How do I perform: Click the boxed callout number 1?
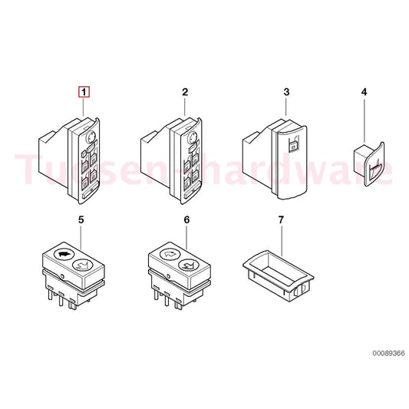tap(84, 92)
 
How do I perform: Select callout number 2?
tap(185, 92)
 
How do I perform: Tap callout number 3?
tap(286, 92)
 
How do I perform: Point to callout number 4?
tap(364, 92)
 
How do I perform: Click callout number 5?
tap(81, 220)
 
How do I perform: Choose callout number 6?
tap(186, 220)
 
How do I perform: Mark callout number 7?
tap(281, 220)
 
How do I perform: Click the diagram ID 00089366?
tap(388, 354)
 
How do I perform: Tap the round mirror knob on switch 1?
tap(90, 137)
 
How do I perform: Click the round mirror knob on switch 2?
tap(193, 137)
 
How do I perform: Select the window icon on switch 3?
tap(293, 143)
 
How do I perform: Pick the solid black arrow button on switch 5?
tap(64, 253)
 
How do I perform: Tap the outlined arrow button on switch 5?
tap(82, 266)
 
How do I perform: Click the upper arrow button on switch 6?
tap(170, 253)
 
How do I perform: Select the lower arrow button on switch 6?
tap(188, 266)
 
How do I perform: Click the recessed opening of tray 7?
tap(278, 272)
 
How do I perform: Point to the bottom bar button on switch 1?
tap(89, 193)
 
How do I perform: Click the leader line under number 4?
tap(364, 120)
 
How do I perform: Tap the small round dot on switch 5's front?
tap(62, 276)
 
